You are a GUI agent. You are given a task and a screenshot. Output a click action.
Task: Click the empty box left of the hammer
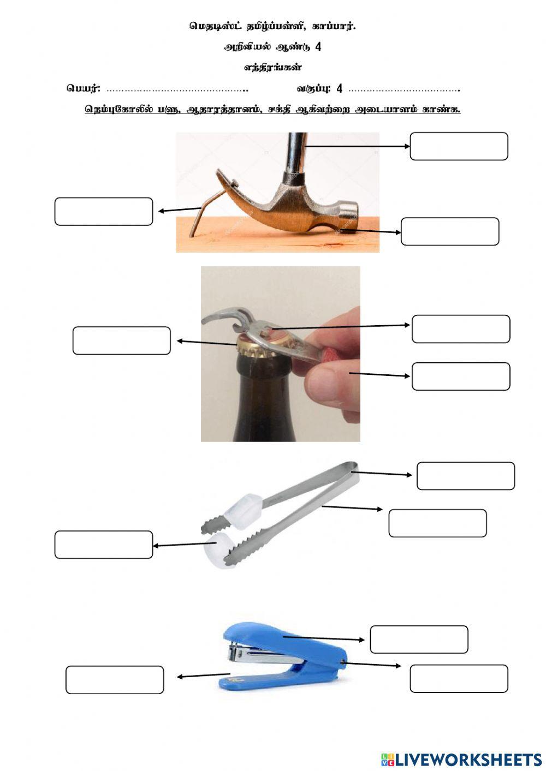point(104,211)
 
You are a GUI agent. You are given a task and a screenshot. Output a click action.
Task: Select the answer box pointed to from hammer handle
point(459,146)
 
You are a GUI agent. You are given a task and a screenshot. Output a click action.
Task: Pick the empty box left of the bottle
point(122,340)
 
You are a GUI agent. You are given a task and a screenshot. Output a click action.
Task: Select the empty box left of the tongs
point(104,545)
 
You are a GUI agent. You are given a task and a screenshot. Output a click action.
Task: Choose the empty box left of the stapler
point(115,680)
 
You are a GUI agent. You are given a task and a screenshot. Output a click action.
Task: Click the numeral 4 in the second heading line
point(318,47)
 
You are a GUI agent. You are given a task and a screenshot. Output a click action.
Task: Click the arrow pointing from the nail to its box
point(180,210)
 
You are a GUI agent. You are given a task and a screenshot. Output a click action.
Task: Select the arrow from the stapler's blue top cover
point(324,638)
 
